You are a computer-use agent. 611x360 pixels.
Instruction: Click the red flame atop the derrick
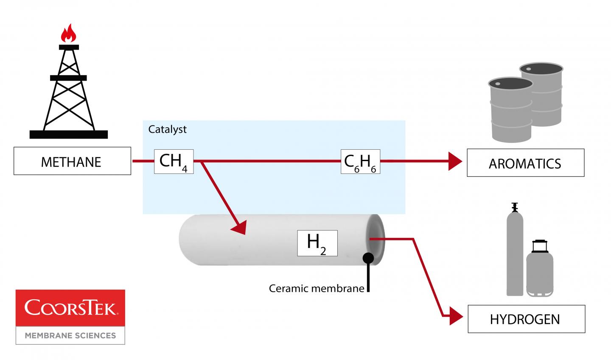[x=68, y=33]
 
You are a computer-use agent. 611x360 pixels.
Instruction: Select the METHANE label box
[x=72, y=161]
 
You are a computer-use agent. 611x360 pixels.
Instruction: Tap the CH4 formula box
[x=174, y=162]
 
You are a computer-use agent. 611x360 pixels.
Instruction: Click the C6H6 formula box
[x=360, y=162]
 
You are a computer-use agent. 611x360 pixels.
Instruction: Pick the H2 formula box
[x=317, y=243]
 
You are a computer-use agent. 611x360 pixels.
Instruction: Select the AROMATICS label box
[x=525, y=163]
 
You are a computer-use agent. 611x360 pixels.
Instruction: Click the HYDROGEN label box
[x=526, y=319]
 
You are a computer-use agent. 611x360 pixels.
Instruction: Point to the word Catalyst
[x=167, y=129]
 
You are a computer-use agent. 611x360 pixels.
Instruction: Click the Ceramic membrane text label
[x=317, y=289]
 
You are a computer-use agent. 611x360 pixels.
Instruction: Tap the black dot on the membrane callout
[x=368, y=257]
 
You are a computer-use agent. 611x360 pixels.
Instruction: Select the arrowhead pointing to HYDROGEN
[x=456, y=315]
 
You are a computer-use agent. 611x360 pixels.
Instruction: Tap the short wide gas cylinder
[x=539, y=269]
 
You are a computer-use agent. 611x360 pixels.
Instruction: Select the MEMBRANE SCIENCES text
[x=70, y=335]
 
